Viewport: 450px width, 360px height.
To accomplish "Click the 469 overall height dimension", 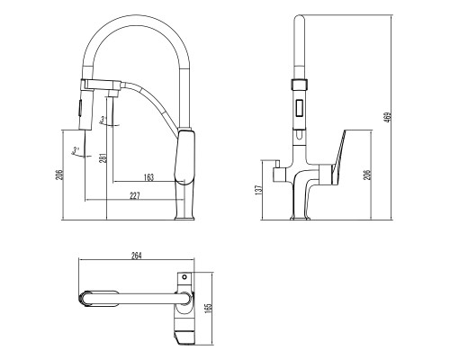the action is (388, 118).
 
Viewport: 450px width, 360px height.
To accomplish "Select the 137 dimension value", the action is (258, 190).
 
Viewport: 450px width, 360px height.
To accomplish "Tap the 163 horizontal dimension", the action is (148, 177).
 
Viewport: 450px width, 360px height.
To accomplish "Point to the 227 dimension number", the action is (135, 196).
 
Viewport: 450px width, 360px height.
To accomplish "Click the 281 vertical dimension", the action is (103, 158).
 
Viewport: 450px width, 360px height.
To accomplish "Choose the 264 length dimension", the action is (136, 256).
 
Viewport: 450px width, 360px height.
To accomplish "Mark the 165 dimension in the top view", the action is (209, 310).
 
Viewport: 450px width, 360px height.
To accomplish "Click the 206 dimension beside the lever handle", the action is (367, 175).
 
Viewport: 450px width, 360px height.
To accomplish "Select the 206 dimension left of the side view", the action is (60, 175).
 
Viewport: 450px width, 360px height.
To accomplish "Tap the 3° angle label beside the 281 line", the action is (103, 120).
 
